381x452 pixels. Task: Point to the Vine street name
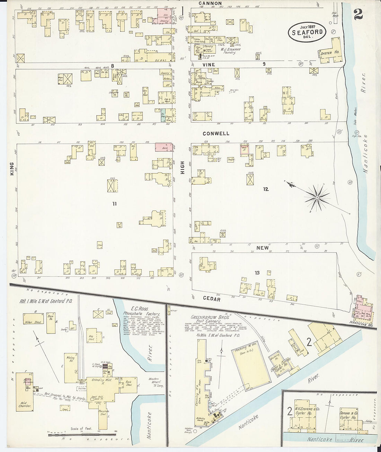pos(206,64)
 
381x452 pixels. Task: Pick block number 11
pos(114,204)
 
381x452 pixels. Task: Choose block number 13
pos(257,273)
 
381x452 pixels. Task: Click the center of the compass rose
pos(317,198)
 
